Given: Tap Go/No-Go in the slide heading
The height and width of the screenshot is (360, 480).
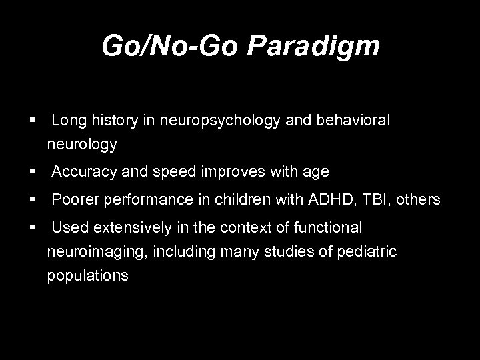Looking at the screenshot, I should [171, 46].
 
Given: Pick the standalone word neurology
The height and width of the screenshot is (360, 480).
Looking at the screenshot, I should [82, 143].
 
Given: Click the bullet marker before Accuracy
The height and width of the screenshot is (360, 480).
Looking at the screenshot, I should [31, 172].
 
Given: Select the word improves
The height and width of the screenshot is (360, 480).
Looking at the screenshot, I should [239, 172].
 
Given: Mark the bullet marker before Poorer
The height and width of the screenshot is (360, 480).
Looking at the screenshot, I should [31, 199].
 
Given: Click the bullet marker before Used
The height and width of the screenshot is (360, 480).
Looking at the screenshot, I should [31, 228].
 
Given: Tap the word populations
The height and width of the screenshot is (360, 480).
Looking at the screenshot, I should [87, 274].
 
